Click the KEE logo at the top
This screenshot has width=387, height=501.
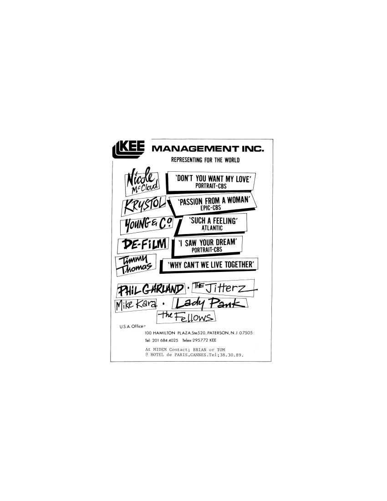tap(128, 149)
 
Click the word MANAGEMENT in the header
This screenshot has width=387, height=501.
tap(195, 148)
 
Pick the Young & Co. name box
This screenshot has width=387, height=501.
tap(147, 224)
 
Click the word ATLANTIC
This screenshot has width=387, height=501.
tap(212, 228)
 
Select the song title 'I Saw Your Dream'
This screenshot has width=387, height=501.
tap(208, 242)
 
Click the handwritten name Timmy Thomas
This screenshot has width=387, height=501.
tap(136, 265)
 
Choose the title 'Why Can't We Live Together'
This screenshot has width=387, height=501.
tap(211, 265)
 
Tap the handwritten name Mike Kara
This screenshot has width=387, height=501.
tap(136, 305)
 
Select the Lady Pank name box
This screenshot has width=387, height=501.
tap(210, 303)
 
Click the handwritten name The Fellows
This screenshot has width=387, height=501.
tap(187, 317)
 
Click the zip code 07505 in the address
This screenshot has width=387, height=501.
tap(246, 333)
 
